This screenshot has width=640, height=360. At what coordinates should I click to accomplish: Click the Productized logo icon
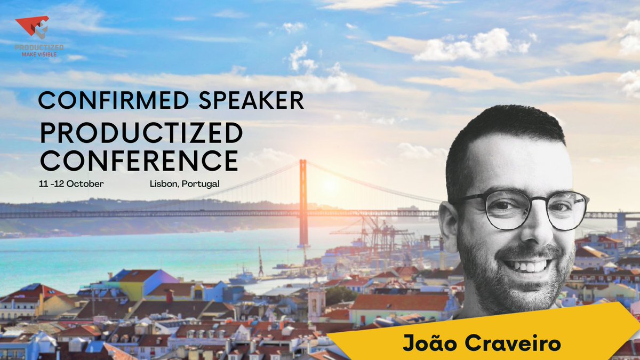33,27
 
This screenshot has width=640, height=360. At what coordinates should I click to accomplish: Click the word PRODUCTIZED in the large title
141,133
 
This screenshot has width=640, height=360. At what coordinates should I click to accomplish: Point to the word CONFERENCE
139,159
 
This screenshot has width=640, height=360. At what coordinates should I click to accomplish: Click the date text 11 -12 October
71,183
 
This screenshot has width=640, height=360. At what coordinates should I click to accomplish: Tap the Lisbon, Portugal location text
185,183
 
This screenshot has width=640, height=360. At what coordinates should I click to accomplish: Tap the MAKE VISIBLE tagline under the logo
39,54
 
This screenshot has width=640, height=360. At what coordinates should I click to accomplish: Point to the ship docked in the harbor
243,277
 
